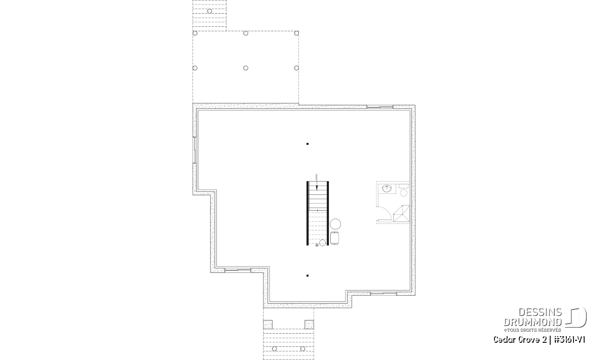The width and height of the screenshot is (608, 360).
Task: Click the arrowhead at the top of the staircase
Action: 317,188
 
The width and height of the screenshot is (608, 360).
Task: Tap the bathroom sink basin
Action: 387,188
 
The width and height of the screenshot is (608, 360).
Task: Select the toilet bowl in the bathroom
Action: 404,192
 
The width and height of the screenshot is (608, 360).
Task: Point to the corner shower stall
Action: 401,214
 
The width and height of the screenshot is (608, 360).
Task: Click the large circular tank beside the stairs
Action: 335,224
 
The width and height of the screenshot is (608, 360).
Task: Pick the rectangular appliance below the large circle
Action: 334,238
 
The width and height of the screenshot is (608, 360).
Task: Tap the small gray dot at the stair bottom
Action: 317,245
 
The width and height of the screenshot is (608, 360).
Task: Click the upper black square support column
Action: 307,144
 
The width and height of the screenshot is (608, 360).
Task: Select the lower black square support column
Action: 307,275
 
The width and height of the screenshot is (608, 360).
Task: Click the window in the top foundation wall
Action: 379,107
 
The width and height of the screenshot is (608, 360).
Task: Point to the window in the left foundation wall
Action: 195,150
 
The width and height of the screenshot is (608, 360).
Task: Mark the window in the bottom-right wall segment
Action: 383,294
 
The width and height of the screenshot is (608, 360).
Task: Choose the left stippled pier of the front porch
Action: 268,325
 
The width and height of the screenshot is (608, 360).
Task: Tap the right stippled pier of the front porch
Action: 309,325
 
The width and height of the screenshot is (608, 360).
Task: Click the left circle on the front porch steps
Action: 275,349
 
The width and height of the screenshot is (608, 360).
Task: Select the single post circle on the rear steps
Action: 209,11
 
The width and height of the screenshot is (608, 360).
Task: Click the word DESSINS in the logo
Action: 540,312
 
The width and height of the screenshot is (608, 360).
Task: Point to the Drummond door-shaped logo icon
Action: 576,317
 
